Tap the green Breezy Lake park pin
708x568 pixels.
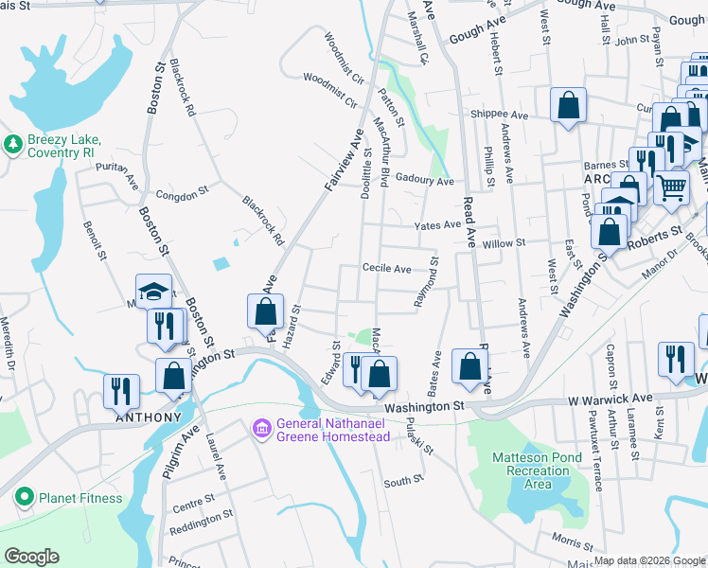point(13,144)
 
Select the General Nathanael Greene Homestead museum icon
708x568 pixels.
point(261,429)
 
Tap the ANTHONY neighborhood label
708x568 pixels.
point(148,417)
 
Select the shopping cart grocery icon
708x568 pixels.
point(670,187)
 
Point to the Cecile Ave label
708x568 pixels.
point(386,269)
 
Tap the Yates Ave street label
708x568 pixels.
point(438,224)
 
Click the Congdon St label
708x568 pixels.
point(181,193)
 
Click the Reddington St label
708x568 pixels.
point(203,517)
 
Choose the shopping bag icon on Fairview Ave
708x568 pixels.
point(266,311)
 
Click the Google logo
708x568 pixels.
point(31,557)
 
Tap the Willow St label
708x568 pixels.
point(503,243)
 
